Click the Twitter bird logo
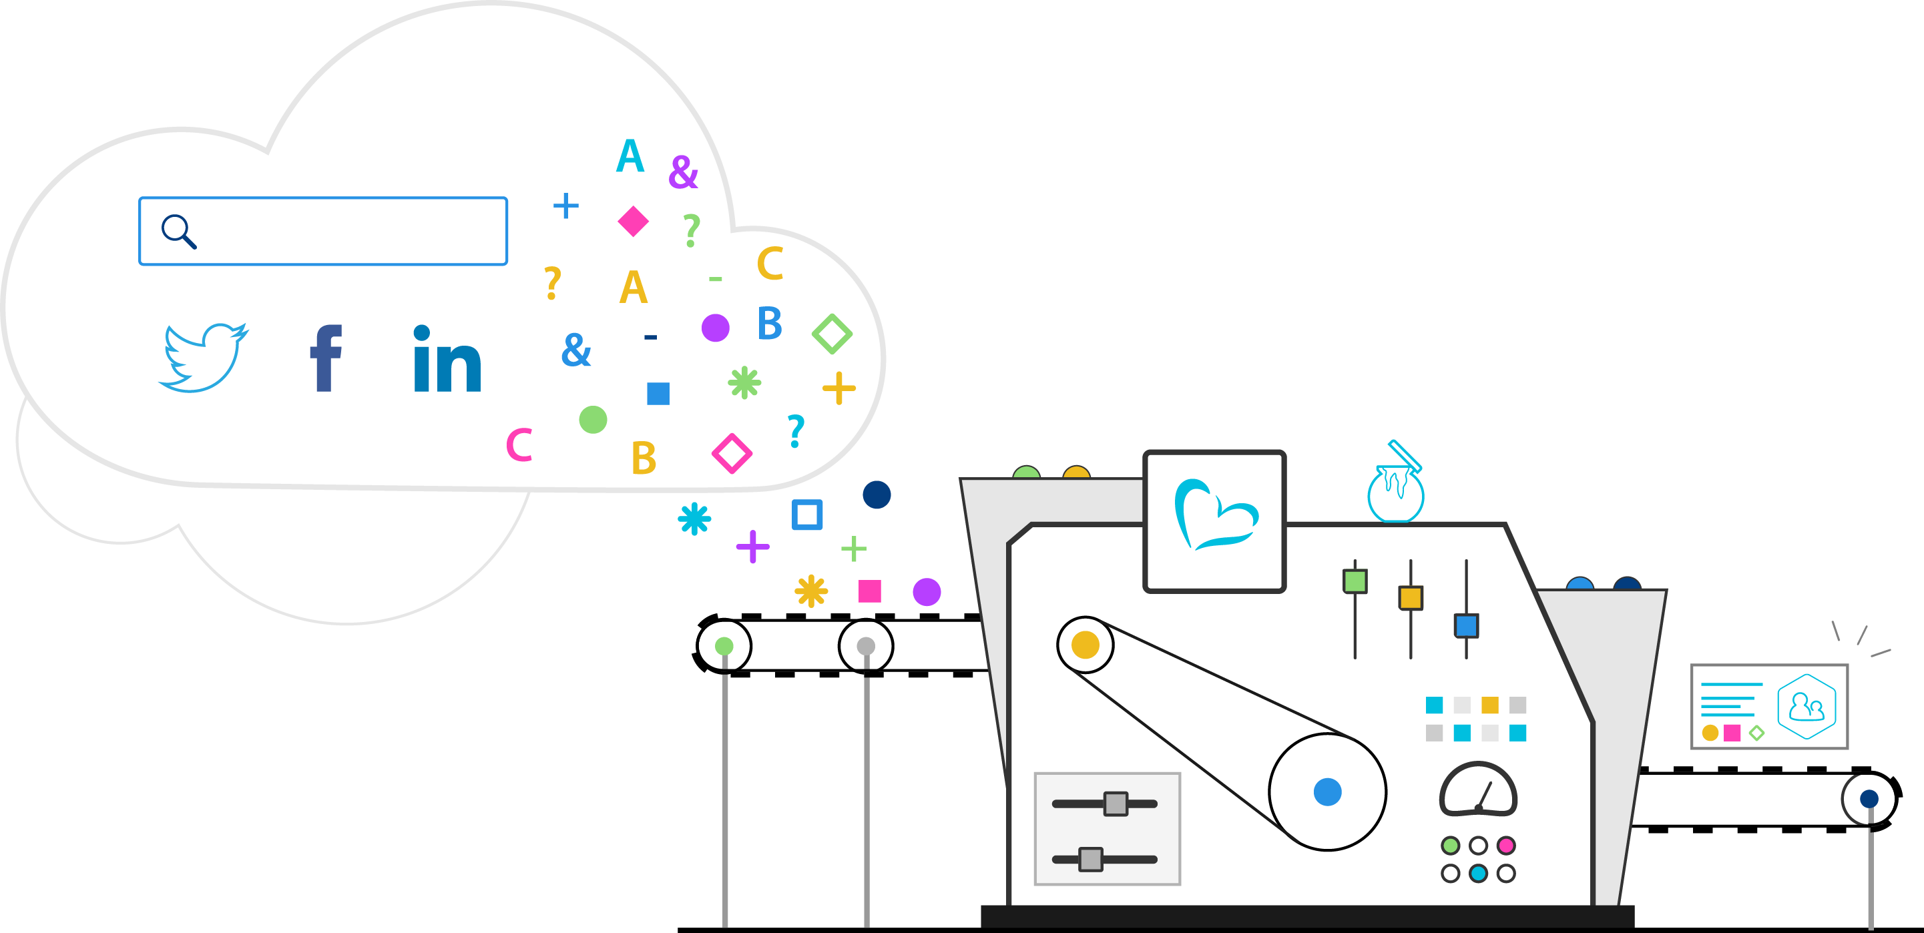click(x=203, y=357)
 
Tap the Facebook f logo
click(x=326, y=358)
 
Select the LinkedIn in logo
click(x=447, y=359)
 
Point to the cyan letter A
click(x=630, y=156)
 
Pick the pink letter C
click(x=519, y=445)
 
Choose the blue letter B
click(x=769, y=323)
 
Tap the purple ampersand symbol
click(x=683, y=172)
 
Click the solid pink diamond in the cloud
click(x=634, y=221)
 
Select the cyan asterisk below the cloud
click(x=694, y=519)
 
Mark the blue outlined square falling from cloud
click(x=806, y=515)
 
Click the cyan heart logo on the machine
click(x=1214, y=515)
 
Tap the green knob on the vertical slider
click(x=1355, y=581)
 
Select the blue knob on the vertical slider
click(x=1466, y=625)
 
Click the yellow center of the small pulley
click(x=1086, y=645)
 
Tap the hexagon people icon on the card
click(x=1807, y=706)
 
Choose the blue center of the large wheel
click(x=1327, y=792)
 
